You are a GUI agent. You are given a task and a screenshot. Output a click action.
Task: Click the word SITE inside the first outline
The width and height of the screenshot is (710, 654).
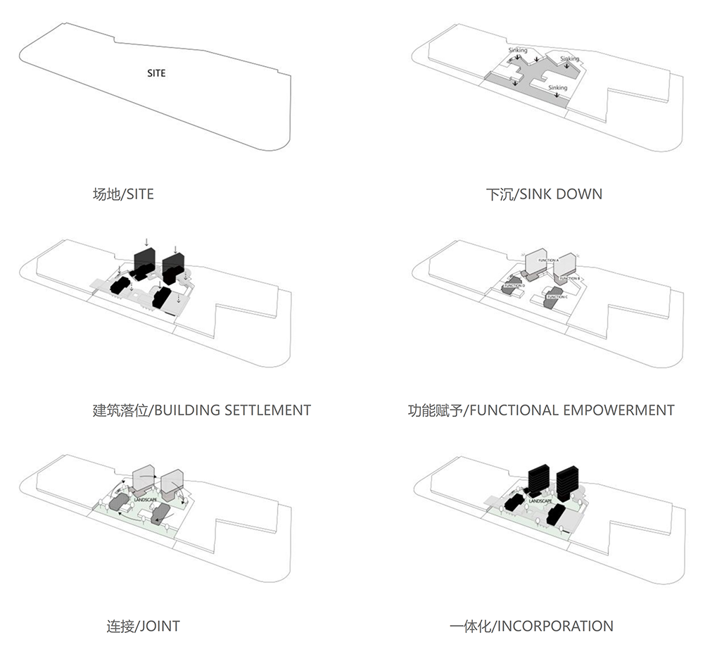156,73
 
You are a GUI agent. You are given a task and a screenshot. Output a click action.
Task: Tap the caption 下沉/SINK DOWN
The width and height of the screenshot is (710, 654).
543,194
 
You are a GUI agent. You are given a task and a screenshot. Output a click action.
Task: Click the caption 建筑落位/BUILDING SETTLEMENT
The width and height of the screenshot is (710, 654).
201,410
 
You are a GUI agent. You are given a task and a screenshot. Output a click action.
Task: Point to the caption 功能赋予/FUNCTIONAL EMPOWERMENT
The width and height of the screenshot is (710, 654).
540,410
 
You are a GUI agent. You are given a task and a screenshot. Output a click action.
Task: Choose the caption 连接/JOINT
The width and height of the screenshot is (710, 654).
143,625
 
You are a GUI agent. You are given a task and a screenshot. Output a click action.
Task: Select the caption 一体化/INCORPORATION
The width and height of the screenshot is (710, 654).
531,625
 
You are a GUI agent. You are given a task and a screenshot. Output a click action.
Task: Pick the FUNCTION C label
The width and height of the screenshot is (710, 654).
557,297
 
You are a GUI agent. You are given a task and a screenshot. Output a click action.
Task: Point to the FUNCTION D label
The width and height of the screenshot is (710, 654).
513,286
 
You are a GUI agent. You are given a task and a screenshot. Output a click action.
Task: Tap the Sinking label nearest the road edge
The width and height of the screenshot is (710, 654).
557,88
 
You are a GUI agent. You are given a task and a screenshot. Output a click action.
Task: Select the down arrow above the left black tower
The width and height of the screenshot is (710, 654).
146,241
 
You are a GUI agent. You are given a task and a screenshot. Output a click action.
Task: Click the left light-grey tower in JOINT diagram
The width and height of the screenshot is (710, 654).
145,479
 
